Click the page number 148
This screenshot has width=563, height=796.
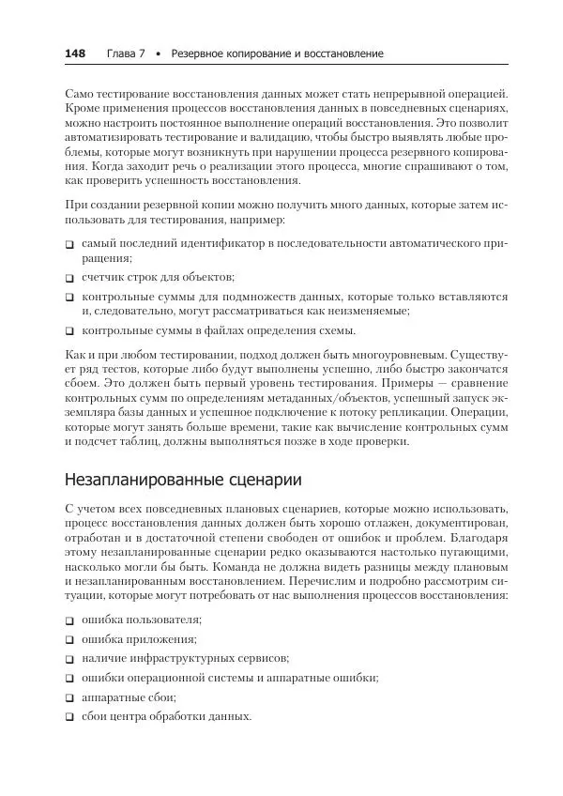75,54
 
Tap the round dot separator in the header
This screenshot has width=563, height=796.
159,54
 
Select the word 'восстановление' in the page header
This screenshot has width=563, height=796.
344,54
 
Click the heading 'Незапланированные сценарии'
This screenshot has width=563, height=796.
184,480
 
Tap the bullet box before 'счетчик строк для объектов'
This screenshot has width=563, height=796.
70,278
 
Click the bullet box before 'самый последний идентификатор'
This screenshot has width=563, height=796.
70,244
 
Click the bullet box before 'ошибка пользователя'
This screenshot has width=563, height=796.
70,621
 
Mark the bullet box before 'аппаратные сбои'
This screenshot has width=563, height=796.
70,698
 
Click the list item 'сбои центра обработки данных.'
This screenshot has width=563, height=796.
166,716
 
